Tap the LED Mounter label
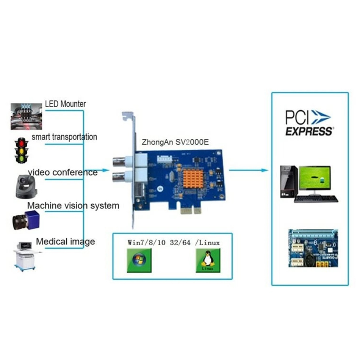click(x=65, y=103)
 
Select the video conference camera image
click(x=26, y=186)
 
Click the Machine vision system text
click(x=73, y=206)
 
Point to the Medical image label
click(x=65, y=241)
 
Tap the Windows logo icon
click(x=139, y=261)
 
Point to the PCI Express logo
click(x=309, y=122)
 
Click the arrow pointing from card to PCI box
click(x=248, y=170)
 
